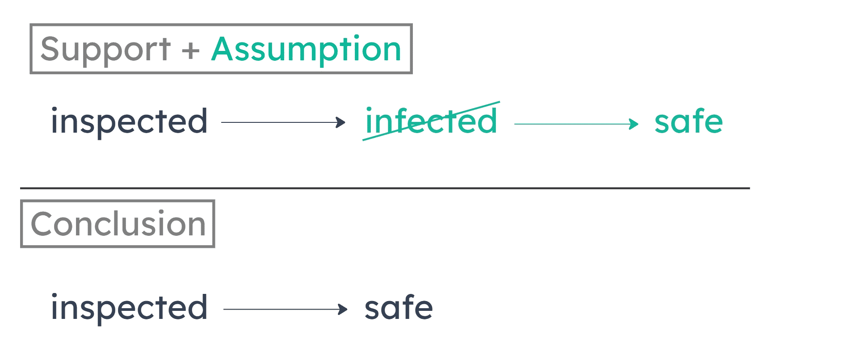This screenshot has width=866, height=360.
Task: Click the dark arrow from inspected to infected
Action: (283, 122)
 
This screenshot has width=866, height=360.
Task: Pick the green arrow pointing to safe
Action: (576, 123)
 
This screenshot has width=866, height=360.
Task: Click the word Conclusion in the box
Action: (118, 224)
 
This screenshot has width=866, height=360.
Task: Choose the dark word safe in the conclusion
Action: (399, 308)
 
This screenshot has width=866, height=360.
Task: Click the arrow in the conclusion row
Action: (285, 309)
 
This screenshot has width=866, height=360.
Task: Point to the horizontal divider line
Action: (384, 188)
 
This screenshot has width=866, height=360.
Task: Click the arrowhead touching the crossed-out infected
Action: (342, 122)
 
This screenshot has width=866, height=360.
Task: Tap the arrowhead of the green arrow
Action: (635, 123)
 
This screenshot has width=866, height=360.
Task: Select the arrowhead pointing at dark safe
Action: (344, 309)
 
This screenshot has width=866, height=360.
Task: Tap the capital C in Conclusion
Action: (42, 224)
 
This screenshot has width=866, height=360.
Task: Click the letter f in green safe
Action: (698, 121)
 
